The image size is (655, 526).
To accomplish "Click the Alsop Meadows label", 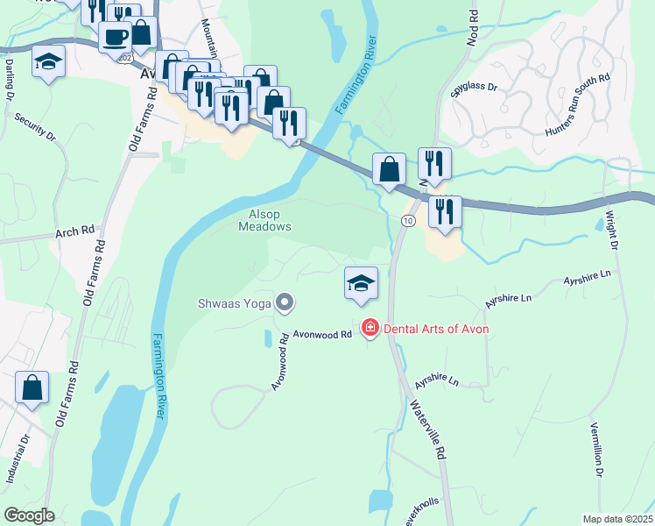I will tap(264, 219).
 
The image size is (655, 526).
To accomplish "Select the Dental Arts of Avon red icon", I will tap(370, 328).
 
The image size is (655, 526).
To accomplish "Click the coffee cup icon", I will tap(115, 36).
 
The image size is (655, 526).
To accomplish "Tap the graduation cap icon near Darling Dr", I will tap(49, 61).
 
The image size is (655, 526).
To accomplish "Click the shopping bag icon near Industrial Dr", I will tap(32, 387).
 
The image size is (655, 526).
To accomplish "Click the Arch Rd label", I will tap(74, 232).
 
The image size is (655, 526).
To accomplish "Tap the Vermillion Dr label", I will tap(596, 448).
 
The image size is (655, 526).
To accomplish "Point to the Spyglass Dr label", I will tap(474, 89).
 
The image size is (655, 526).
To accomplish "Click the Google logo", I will tap(29, 515).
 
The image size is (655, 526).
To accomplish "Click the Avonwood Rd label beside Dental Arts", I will tap(322, 334).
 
